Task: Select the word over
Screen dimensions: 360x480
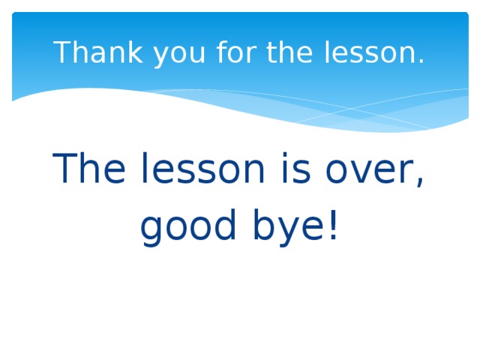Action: coord(367,171)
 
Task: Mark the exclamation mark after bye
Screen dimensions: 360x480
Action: coord(332,224)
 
